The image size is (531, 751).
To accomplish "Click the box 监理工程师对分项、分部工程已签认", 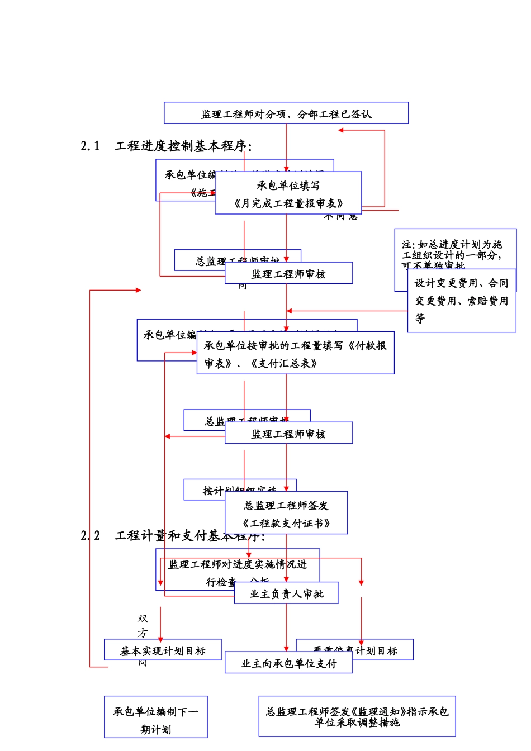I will click(286, 113).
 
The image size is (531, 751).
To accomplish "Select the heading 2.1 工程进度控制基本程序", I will click(167, 146).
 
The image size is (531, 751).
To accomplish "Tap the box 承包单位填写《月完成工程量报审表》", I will click(288, 193).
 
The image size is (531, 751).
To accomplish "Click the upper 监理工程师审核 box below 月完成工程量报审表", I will click(288, 274).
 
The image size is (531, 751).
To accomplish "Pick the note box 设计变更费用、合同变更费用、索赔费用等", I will click(462, 301).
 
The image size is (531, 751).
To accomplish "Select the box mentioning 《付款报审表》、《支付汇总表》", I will click(295, 354).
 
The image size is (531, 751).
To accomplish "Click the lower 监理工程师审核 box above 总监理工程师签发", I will click(288, 434).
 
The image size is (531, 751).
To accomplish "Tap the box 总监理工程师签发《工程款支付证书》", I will click(286, 514).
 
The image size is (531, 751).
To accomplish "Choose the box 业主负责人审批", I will click(286, 594).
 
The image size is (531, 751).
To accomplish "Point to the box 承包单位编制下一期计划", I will click(155, 719).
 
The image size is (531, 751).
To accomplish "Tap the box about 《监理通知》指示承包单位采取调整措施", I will click(357, 716).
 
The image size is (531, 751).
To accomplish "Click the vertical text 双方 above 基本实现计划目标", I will click(143, 626).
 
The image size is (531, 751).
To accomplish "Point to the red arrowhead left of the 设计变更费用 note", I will click(290, 311).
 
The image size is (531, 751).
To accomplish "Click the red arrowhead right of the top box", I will click(341, 130).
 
